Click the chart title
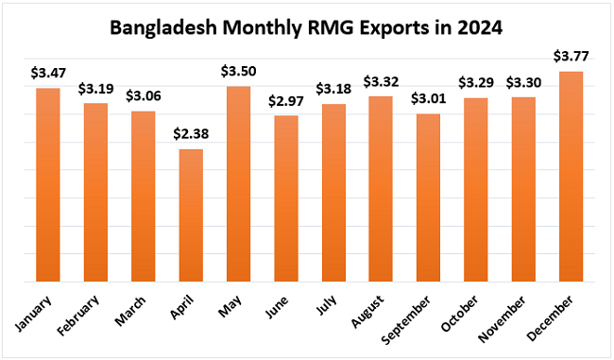[306, 27]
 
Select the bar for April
[191, 215]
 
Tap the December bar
[571, 177]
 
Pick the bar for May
[238, 184]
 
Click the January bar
[48, 185]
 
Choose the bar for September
[428, 197]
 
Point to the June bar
[285, 198]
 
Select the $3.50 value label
[238, 72]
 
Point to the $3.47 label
[48, 74]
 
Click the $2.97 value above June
[285, 101]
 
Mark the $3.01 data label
[428, 99]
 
